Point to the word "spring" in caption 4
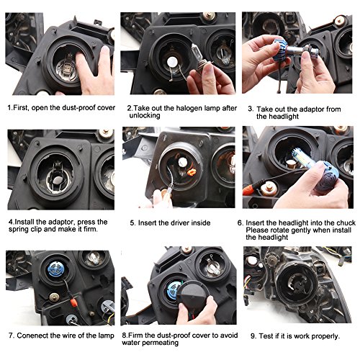[x=19, y=230]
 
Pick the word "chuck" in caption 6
[x=346, y=222]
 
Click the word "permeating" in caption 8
[x=162, y=343]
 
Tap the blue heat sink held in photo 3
[x=282, y=50]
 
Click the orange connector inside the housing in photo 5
[x=192, y=172]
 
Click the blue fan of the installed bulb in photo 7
[x=56, y=269]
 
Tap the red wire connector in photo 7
[x=73, y=301]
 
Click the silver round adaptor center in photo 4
[x=58, y=180]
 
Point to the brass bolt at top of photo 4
[x=106, y=132]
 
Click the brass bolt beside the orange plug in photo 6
[x=269, y=189]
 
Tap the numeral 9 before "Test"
[x=253, y=336]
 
